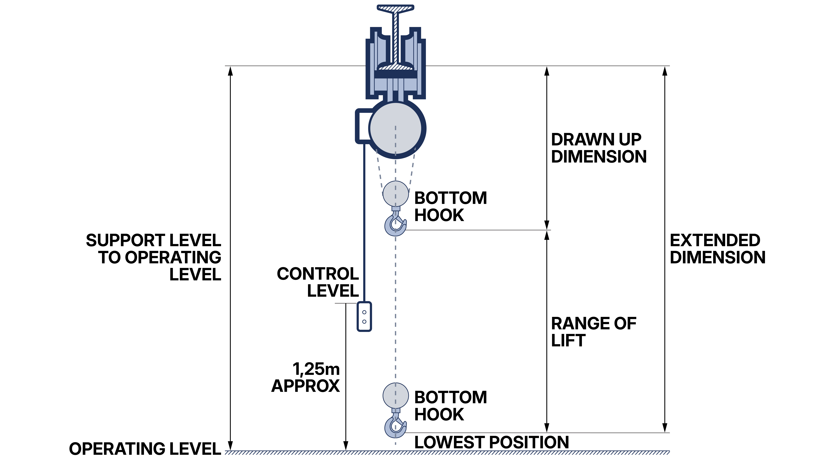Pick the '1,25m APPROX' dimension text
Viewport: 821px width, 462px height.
point(306,378)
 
